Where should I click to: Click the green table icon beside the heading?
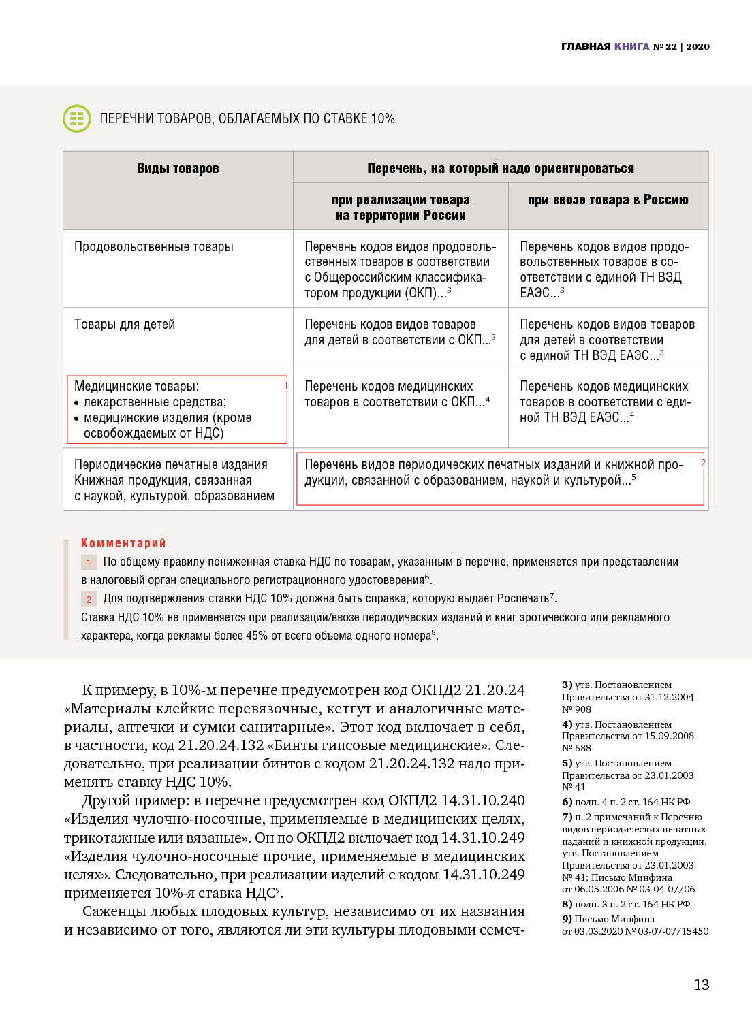(x=76, y=118)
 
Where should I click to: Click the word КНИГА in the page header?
(x=631, y=46)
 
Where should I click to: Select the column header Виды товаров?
(x=178, y=168)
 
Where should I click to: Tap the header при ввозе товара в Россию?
(x=608, y=199)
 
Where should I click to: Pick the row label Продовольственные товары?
(x=153, y=247)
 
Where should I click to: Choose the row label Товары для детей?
(x=125, y=325)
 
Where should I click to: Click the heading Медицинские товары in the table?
(x=136, y=387)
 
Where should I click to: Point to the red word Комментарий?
(x=123, y=542)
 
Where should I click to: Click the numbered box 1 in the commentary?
(x=89, y=563)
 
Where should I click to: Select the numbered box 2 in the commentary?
(x=89, y=600)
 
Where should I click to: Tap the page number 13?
(x=701, y=984)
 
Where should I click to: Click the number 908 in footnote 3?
(x=582, y=709)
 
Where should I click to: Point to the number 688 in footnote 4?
(x=582, y=748)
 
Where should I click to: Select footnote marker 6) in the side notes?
(x=567, y=802)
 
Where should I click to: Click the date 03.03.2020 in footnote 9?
(x=597, y=931)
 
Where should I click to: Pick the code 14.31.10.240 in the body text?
(x=482, y=800)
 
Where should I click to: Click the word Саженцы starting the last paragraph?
(x=112, y=911)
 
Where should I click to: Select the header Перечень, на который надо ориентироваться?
(x=501, y=168)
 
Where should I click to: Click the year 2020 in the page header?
(x=698, y=46)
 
